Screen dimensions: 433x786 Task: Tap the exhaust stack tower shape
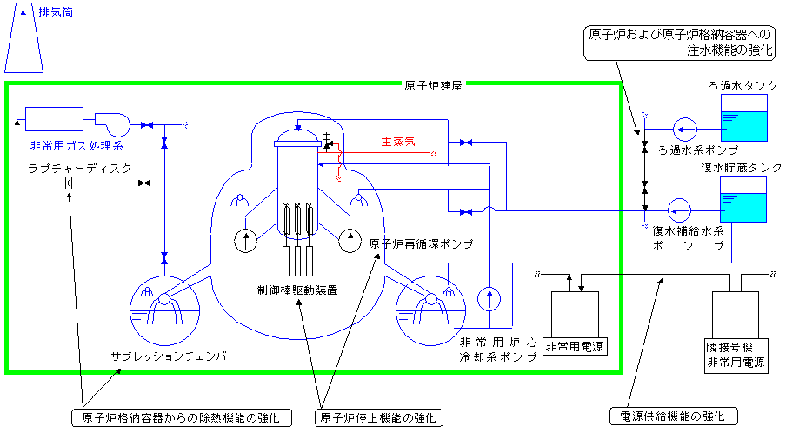[x=23, y=43]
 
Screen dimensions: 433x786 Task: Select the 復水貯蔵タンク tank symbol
[x=743, y=201]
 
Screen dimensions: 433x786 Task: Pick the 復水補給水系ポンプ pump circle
[x=680, y=210]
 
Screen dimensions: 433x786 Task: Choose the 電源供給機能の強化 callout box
[x=673, y=416]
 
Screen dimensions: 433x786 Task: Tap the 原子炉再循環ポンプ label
[x=421, y=244]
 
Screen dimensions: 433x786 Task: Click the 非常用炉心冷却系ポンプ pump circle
[x=490, y=298]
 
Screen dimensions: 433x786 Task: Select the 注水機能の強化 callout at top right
[x=680, y=43]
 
